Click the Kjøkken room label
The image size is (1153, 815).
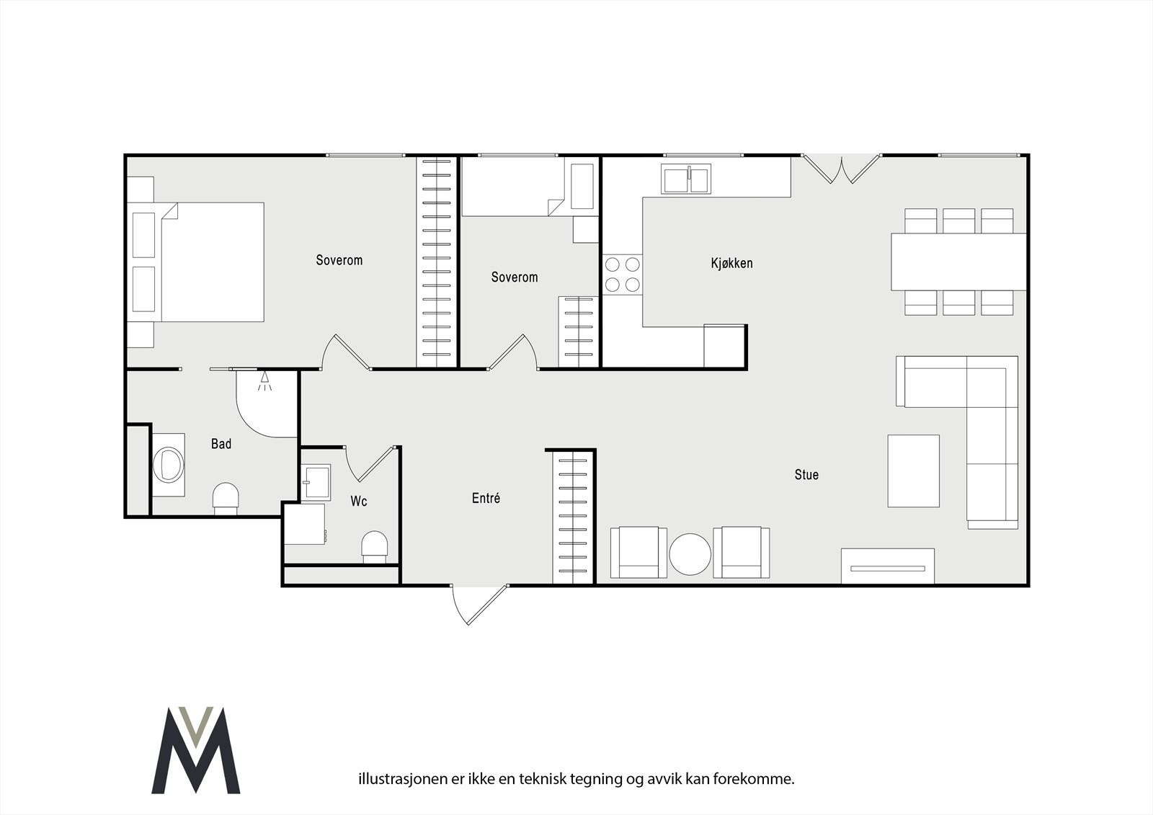731,263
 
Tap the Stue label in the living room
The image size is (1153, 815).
806,474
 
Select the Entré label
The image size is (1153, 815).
486,498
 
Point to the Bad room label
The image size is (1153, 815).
221,444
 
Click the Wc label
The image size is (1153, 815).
359,501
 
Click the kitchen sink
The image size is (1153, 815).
686,179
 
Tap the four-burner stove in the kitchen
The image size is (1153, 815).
623,275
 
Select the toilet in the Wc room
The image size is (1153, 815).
374,547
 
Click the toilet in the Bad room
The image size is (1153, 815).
226,499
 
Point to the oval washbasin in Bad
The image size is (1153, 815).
169,465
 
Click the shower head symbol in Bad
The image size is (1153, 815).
264,380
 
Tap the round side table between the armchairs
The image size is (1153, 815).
690,554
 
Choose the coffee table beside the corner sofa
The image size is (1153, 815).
913,471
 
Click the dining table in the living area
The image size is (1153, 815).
959,262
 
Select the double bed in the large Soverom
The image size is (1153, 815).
196,262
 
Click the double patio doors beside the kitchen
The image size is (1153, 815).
841,169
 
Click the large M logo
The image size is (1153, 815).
196,749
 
